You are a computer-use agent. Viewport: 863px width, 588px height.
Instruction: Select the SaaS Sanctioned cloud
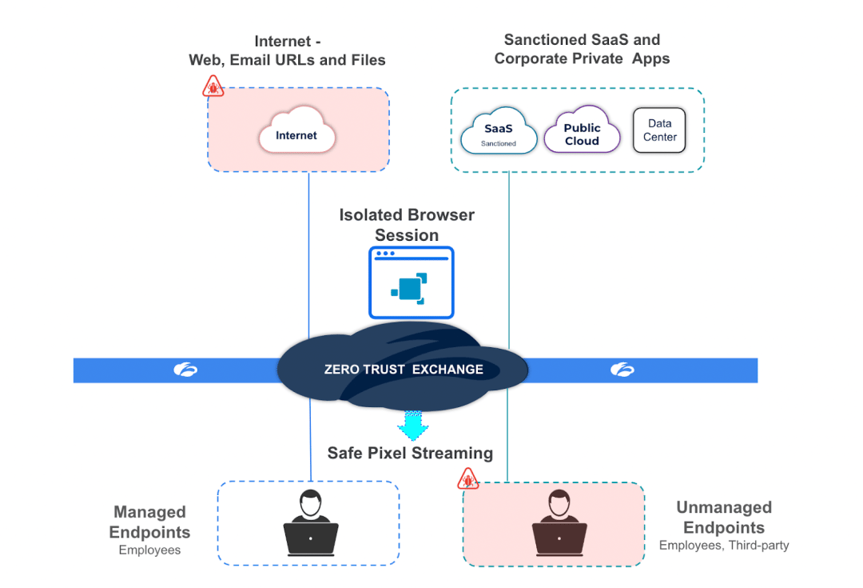click(499, 132)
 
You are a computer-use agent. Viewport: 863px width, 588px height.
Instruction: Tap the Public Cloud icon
click(582, 132)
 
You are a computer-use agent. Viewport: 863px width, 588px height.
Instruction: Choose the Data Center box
click(659, 130)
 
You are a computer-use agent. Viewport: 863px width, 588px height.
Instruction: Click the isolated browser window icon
click(411, 282)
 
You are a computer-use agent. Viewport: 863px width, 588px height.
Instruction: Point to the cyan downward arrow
click(412, 425)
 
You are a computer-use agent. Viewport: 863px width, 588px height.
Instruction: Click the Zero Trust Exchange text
click(404, 370)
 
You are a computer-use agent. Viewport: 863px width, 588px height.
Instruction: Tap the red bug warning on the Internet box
click(213, 86)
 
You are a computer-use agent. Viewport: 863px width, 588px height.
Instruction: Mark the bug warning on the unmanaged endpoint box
click(467, 478)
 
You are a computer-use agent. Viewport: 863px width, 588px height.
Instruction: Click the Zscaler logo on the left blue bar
click(185, 370)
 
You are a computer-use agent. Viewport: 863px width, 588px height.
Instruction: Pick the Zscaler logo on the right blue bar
click(622, 370)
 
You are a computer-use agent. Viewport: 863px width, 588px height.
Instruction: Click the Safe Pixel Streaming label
click(410, 454)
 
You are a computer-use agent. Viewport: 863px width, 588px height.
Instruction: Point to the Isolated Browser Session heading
click(407, 225)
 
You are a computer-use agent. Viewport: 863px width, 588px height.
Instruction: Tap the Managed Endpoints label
click(150, 522)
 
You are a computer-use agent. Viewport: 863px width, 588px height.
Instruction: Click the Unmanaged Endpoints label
click(724, 518)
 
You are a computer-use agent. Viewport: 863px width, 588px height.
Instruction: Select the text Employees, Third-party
click(724, 546)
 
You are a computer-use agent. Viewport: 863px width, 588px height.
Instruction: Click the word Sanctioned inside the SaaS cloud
click(499, 144)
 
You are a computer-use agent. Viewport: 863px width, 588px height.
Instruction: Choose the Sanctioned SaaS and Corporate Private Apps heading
click(582, 49)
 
